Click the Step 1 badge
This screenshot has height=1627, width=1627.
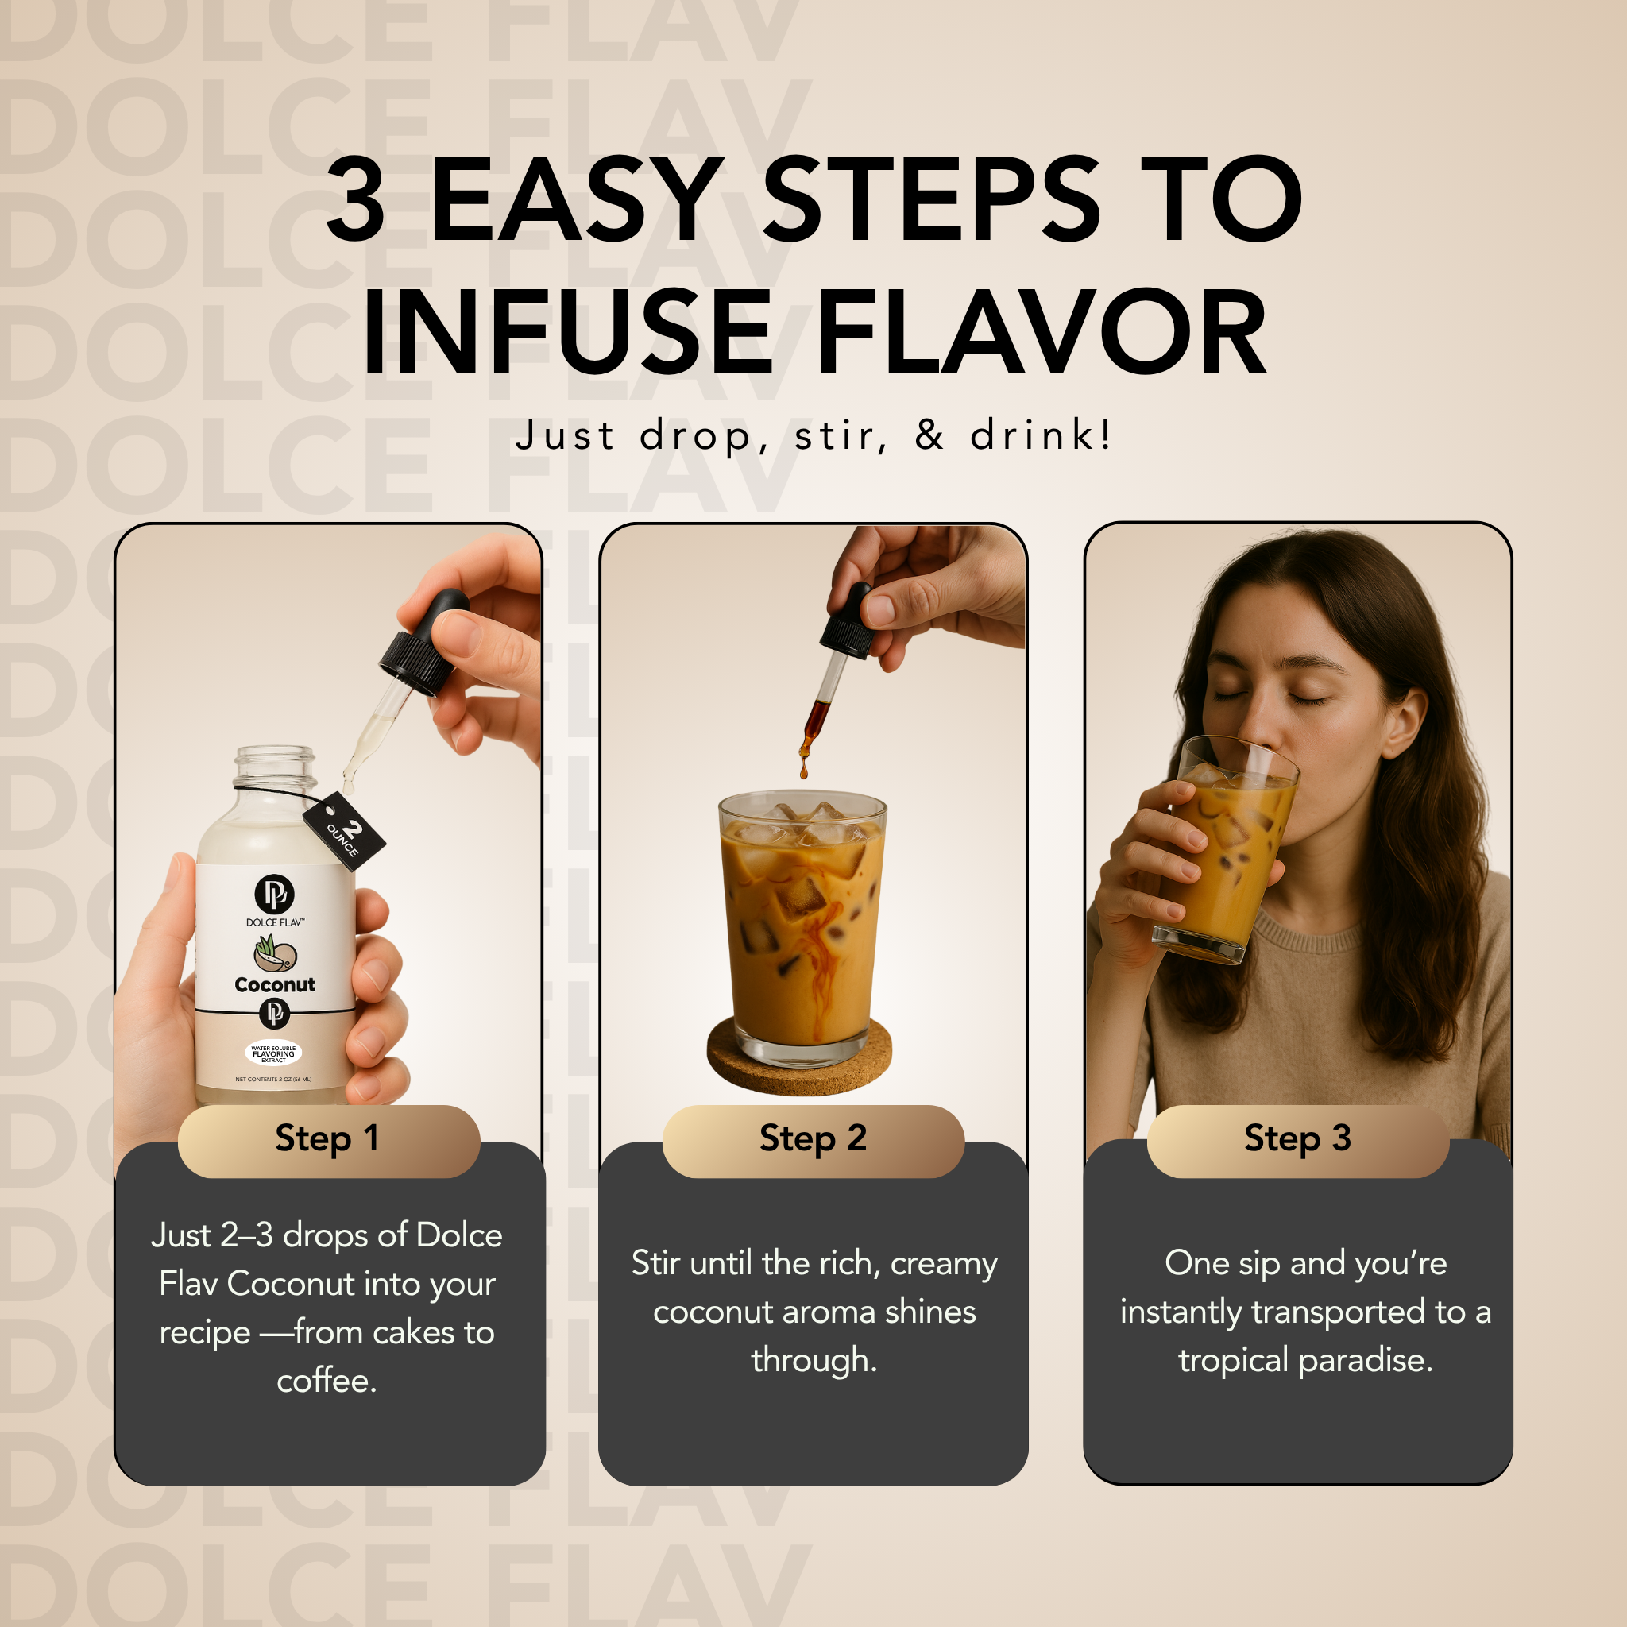328,1140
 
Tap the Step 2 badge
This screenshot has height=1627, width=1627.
813,1140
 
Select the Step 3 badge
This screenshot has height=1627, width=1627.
1298,1140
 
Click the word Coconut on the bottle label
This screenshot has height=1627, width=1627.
275,984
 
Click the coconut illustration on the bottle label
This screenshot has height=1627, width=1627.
275,953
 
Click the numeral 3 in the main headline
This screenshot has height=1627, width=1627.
356,199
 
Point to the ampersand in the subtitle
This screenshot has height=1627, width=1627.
929,435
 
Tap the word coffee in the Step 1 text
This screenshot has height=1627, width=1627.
327,1380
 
